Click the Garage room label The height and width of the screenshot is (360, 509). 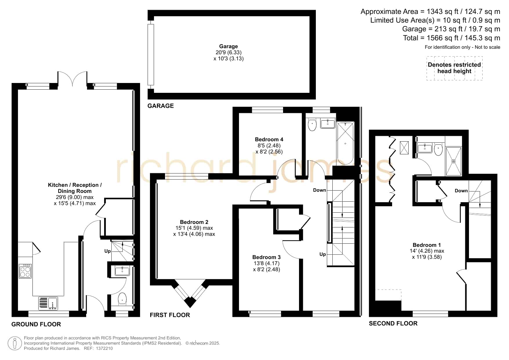click(x=228, y=46)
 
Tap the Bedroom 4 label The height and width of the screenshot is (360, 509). click(x=269, y=140)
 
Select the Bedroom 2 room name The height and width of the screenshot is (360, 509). click(x=194, y=222)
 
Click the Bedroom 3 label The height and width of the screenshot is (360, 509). click(x=266, y=257)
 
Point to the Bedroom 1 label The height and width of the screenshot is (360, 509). click(x=427, y=245)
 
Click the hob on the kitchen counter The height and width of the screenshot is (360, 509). click(x=25, y=271)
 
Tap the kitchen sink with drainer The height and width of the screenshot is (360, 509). click(x=48, y=303)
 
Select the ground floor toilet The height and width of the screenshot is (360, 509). click(x=122, y=299)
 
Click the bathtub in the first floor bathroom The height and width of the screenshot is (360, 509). click(x=345, y=143)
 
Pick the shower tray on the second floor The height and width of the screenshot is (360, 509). click(x=453, y=161)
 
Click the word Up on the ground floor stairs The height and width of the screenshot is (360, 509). click(x=108, y=251)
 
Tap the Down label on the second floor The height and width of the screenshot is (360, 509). click(x=461, y=191)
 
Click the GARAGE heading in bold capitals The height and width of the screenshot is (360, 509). click(x=161, y=106)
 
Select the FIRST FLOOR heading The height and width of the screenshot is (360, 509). click(x=170, y=315)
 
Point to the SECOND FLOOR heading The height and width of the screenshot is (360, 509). click(x=393, y=323)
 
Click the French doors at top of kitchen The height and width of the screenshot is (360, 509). click(x=73, y=79)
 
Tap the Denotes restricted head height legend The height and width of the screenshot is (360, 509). click(x=454, y=68)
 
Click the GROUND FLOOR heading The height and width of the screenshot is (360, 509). click(x=36, y=324)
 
